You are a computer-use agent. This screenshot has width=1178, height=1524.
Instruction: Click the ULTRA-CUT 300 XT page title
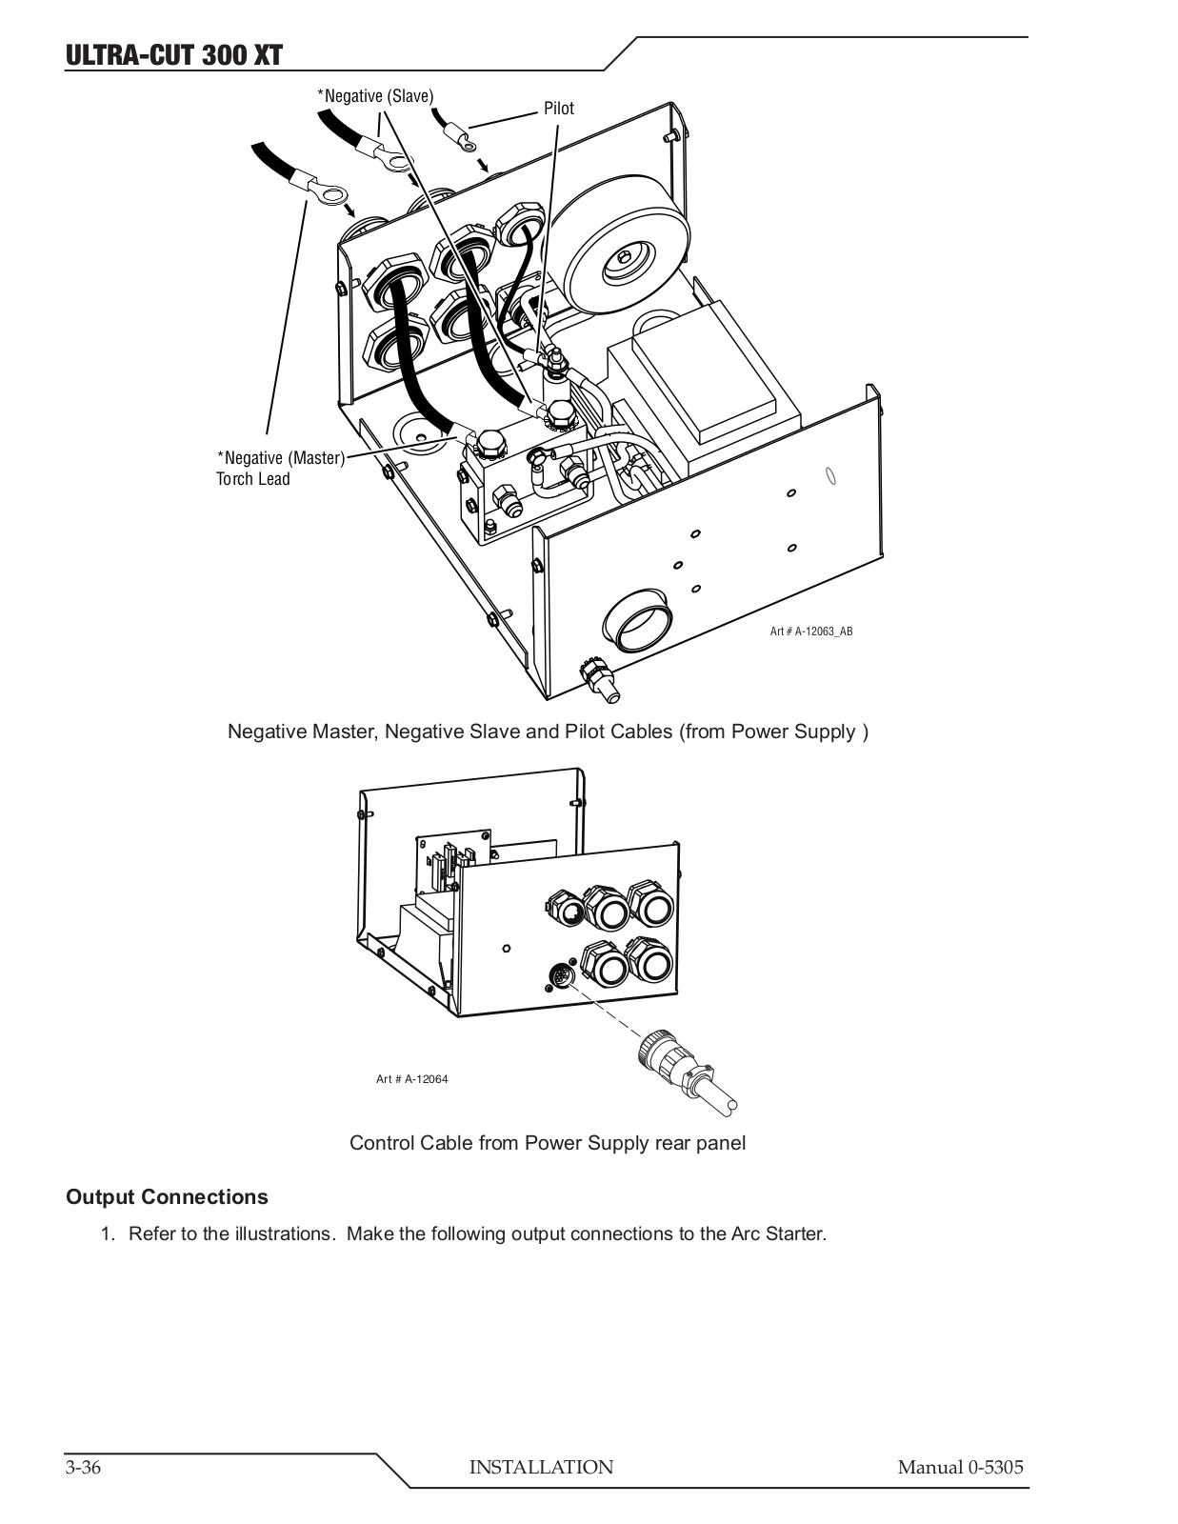tap(174, 54)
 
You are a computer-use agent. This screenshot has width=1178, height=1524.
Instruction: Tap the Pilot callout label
tap(559, 108)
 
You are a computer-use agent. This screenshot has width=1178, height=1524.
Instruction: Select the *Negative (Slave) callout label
tap(375, 95)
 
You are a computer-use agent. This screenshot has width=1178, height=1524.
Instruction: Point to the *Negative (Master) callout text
tap(281, 458)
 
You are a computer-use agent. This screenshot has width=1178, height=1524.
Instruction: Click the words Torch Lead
tap(252, 479)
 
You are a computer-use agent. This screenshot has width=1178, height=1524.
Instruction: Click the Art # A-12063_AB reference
tap(811, 632)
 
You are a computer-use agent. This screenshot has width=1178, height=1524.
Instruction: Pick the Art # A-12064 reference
tap(411, 1078)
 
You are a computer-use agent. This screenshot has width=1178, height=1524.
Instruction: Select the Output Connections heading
tap(167, 1196)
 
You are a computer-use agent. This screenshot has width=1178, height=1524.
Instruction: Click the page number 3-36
tap(84, 1467)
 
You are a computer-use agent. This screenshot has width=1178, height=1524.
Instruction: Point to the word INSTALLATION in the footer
tap(541, 1467)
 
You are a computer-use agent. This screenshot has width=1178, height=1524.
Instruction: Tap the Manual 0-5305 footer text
tap(960, 1467)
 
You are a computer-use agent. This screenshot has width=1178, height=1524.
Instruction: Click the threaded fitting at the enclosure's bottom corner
tap(600, 680)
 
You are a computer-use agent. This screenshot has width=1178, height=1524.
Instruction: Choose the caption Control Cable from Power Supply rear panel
tap(548, 1143)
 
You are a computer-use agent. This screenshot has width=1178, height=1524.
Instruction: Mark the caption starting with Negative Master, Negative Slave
tap(549, 732)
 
